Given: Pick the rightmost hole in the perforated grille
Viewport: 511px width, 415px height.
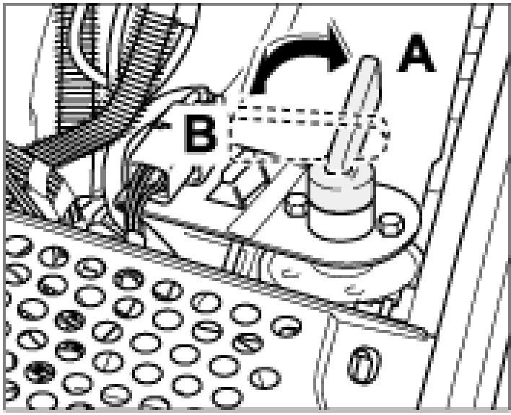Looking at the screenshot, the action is click(x=284, y=325).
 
